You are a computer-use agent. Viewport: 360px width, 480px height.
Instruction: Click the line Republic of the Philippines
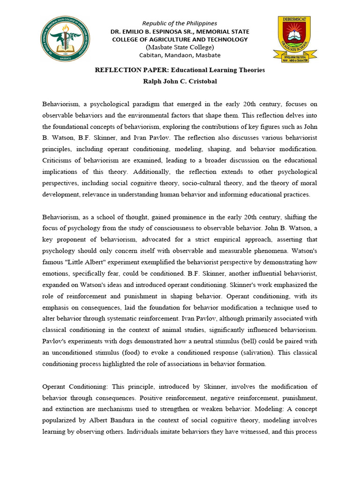180,23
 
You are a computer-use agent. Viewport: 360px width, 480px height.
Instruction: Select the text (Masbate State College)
180,47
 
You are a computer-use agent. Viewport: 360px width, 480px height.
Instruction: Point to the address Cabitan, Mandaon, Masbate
180,55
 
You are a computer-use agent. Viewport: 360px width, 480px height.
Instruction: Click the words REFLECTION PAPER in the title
123,70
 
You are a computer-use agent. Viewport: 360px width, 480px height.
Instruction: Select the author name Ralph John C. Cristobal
180,82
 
